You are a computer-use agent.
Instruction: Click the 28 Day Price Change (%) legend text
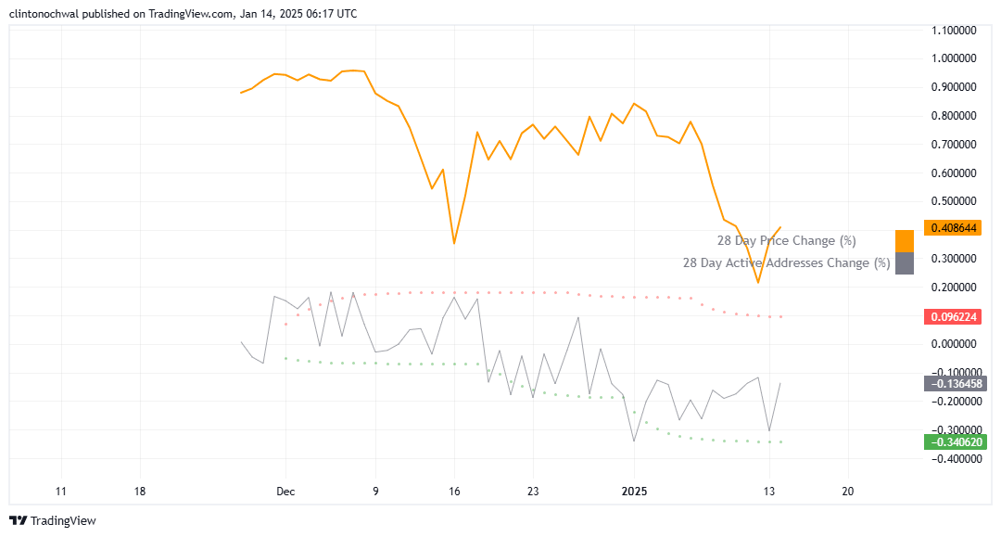coord(786,241)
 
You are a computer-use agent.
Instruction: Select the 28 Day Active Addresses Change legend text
coord(786,263)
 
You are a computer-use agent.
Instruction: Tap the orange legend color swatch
coord(905,240)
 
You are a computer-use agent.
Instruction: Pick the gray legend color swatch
coord(905,263)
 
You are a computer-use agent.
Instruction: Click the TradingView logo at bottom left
coord(53,521)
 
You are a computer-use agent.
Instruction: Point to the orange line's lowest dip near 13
coord(757,283)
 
